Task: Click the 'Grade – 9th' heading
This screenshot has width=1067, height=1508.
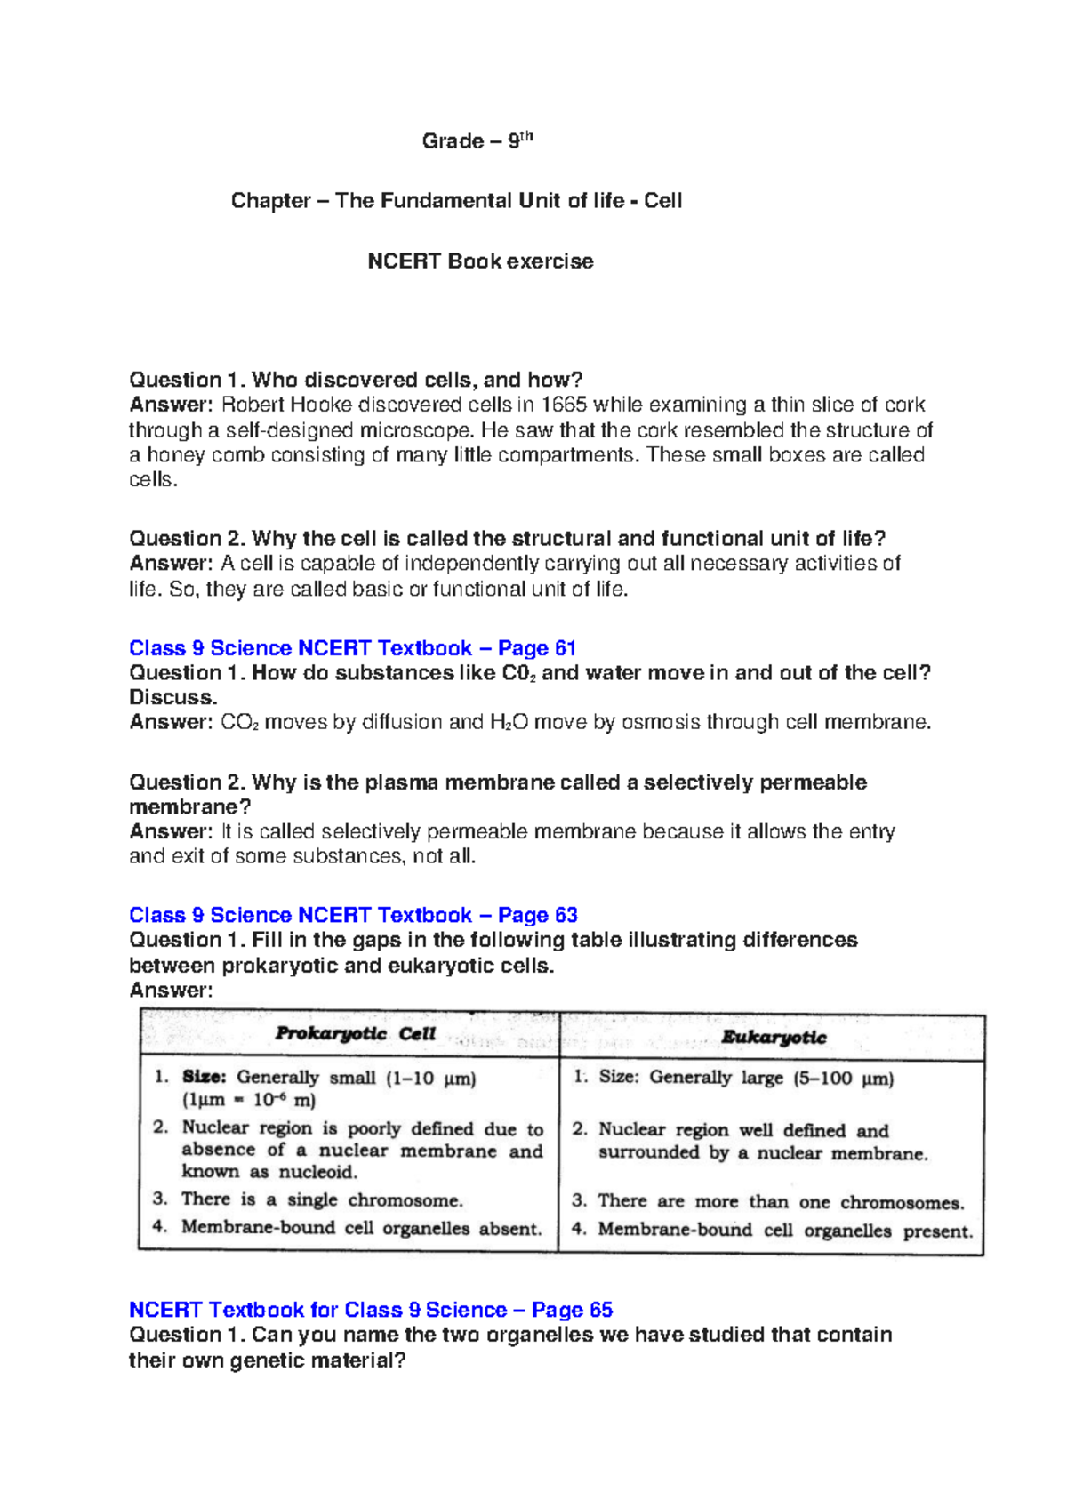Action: click(x=477, y=140)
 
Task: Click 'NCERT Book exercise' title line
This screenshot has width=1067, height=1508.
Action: click(x=480, y=261)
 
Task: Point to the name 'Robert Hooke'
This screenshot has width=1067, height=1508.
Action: click(x=286, y=405)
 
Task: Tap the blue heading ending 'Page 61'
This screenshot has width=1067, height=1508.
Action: click(x=352, y=648)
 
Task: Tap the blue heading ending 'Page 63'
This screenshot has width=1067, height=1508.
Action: click(x=353, y=915)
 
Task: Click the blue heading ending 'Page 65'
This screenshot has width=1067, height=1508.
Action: click(x=371, y=1310)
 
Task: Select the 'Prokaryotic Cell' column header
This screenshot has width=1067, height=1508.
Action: click(x=355, y=1033)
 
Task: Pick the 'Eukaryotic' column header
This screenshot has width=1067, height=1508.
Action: click(x=774, y=1037)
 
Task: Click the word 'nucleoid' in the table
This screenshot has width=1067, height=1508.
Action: click(x=318, y=1172)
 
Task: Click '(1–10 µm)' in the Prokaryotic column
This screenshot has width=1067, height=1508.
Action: click(x=431, y=1079)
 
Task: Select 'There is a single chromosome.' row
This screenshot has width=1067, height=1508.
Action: click(x=322, y=1199)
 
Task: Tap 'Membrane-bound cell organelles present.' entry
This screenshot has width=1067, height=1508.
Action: click(x=784, y=1231)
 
